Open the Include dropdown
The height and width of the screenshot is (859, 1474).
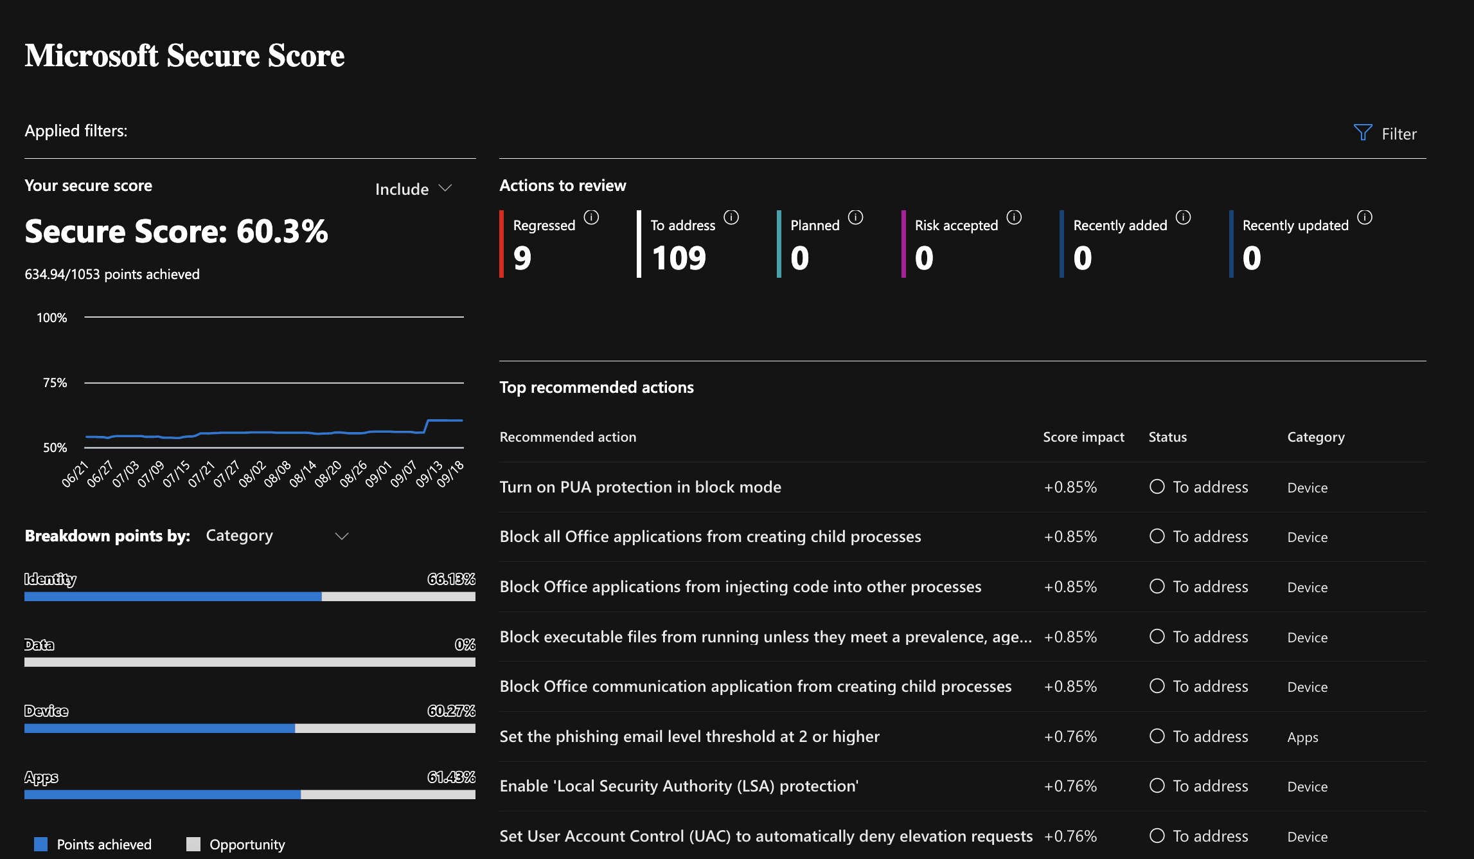coord(413,189)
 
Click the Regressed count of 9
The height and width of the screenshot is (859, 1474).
coord(522,258)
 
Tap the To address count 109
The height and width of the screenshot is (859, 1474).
coord(679,258)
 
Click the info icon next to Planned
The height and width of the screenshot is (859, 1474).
coord(855,217)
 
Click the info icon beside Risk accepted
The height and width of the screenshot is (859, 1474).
coord(1014,217)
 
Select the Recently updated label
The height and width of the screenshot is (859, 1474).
coord(1295,226)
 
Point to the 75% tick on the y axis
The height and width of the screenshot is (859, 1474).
coord(55,383)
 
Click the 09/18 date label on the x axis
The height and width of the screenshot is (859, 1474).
coord(450,474)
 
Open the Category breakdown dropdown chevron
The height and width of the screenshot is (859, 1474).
coord(342,536)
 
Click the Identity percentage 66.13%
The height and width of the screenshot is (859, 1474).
coord(451,579)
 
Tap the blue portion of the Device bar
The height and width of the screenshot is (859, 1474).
coord(159,728)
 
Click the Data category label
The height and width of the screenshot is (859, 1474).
coord(39,645)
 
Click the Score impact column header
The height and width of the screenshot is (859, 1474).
coord(1083,437)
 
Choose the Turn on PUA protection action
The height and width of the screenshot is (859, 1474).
coord(640,487)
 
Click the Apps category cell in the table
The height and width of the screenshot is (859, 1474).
coord(1302,737)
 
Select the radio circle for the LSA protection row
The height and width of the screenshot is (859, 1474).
coord(1157,786)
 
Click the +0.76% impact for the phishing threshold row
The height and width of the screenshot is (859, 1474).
coord(1070,737)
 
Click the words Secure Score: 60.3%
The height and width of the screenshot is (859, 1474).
coord(176,231)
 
